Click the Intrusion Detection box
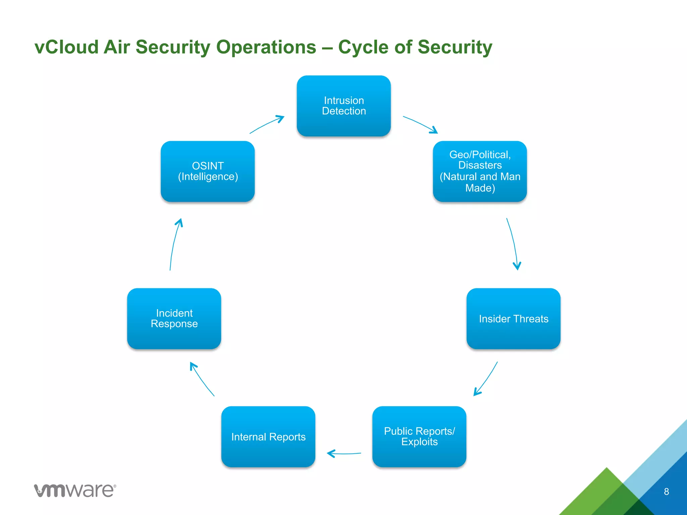pyautogui.click(x=343, y=106)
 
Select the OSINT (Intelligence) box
pyautogui.click(x=208, y=171)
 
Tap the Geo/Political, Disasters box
pyautogui.click(x=480, y=171)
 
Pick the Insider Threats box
pyautogui.click(x=513, y=319)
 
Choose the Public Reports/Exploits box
pyautogui.click(x=419, y=437)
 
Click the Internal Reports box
pyautogui.click(x=268, y=437)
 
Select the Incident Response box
pyautogui.click(x=174, y=319)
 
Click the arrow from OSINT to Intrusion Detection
pyautogui.click(x=267, y=124)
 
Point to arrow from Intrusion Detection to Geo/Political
pyautogui.click(x=420, y=124)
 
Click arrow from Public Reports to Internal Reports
pyautogui.click(x=344, y=454)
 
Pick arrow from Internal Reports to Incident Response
pyautogui.click(x=201, y=379)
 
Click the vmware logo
pyautogui.click(x=75, y=490)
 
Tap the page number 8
pyautogui.click(x=666, y=492)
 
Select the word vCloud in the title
pyautogui.click(x=66, y=47)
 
